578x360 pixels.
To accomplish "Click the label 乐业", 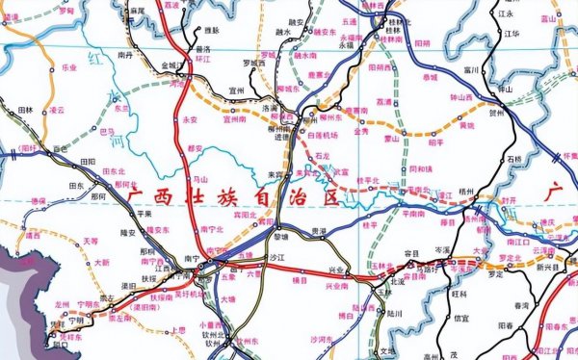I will click(68, 68).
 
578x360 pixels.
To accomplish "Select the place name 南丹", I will click(125, 57).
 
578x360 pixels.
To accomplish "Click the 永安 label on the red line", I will click(189, 119).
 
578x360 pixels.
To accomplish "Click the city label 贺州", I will click(496, 113).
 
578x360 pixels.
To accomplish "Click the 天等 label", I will click(90, 241).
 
